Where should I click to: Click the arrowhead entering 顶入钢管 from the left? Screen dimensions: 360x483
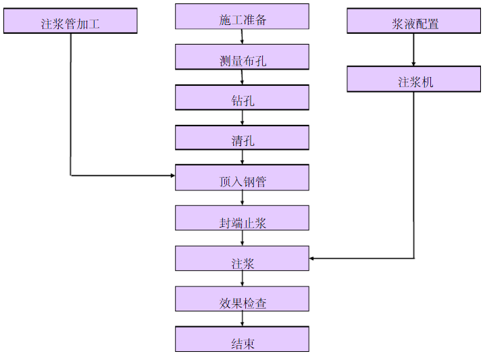(x=172, y=176)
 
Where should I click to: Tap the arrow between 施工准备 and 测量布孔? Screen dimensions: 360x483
(x=243, y=37)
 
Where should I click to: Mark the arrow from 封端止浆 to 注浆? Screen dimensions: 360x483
(x=243, y=238)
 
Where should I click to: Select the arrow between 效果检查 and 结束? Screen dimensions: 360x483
(x=243, y=319)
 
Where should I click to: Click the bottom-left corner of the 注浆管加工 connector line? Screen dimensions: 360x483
(x=71, y=176)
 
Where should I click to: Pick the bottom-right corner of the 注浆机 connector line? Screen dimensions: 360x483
(x=413, y=258)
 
